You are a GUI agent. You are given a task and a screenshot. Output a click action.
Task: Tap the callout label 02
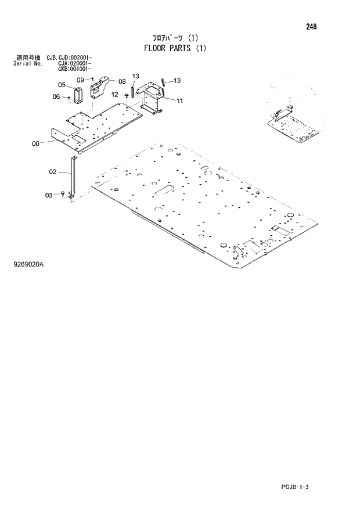(x=52, y=171)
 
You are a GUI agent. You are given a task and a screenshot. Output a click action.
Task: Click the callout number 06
(x=56, y=96)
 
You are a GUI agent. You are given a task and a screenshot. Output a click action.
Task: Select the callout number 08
(x=122, y=81)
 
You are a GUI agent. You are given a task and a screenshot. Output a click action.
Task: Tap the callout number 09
(x=80, y=79)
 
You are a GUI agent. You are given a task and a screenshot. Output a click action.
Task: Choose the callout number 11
(x=179, y=100)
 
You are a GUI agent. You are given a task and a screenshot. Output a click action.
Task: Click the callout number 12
(x=115, y=94)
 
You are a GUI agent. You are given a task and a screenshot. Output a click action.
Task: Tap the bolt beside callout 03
(x=63, y=194)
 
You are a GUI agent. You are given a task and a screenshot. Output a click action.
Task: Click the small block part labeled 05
(x=78, y=93)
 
